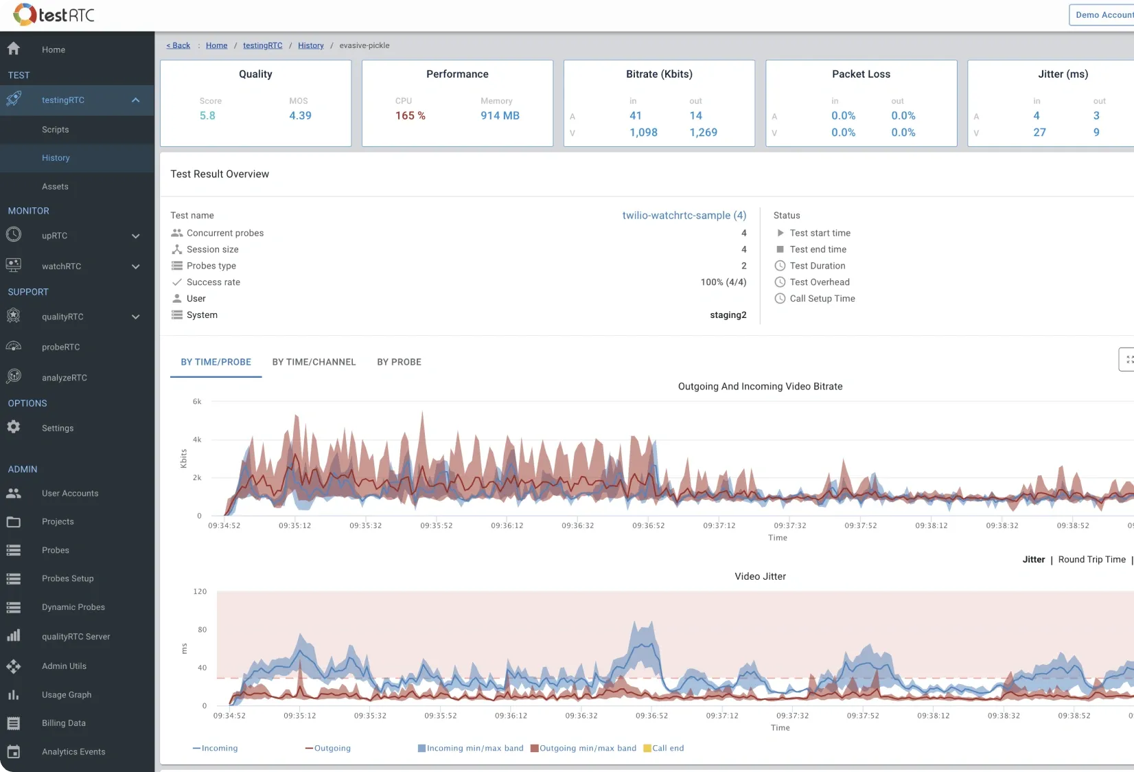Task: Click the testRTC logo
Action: (54, 14)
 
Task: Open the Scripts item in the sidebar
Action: (55, 130)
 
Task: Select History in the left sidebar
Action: (56, 158)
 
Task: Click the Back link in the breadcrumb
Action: (178, 45)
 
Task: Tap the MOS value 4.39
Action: (300, 115)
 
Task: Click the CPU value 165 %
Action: (410, 115)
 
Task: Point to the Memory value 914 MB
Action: (500, 115)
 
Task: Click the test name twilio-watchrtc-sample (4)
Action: (684, 215)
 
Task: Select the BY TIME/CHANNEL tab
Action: (314, 362)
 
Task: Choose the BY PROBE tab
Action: (399, 362)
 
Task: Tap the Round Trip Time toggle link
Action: (1091, 560)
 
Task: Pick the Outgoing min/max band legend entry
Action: (587, 748)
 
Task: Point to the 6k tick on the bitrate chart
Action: (197, 402)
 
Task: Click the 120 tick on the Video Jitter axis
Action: (200, 591)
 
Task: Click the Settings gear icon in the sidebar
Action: (14, 427)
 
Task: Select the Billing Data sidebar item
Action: (63, 723)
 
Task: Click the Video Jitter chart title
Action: (760, 576)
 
